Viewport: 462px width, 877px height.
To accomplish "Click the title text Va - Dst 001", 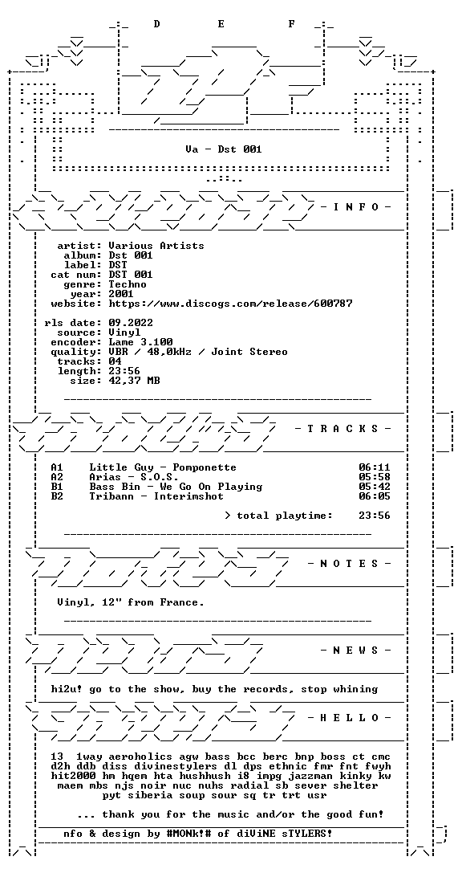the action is click(224, 149).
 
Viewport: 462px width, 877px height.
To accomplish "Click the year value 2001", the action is click(121, 294).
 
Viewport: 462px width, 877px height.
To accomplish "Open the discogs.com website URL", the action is click(230, 304).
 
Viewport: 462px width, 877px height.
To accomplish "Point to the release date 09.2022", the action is click(131, 323).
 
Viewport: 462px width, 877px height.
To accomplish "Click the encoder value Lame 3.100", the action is click(140, 342).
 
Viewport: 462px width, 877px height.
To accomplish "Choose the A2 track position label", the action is click(57, 477).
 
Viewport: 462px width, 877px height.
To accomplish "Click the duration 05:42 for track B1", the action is click(375, 487).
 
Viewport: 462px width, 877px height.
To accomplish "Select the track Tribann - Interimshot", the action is click(156, 496).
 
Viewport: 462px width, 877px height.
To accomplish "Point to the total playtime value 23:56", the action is click(375, 516).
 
